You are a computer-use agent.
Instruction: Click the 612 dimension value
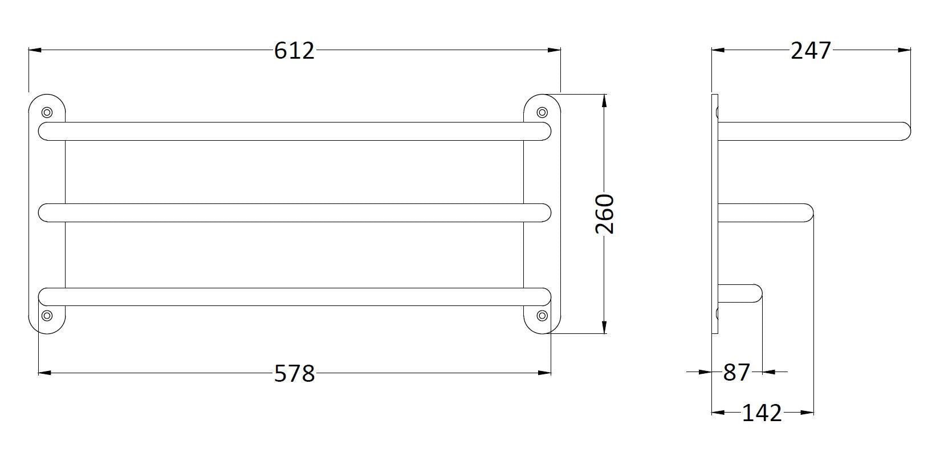click(x=294, y=51)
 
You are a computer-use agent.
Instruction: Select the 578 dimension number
click(x=295, y=373)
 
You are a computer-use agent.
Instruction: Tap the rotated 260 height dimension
click(x=605, y=214)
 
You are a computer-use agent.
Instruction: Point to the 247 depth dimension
click(x=811, y=51)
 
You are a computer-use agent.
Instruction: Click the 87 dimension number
click(x=736, y=372)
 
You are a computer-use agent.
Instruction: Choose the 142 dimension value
click(x=762, y=413)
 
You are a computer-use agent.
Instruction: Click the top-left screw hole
click(x=47, y=112)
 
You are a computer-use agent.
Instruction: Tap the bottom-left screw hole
click(x=47, y=316)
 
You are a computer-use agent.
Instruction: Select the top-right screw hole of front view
click(x=542, y=112)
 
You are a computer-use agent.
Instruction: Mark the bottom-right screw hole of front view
click(x=542, y=316)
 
